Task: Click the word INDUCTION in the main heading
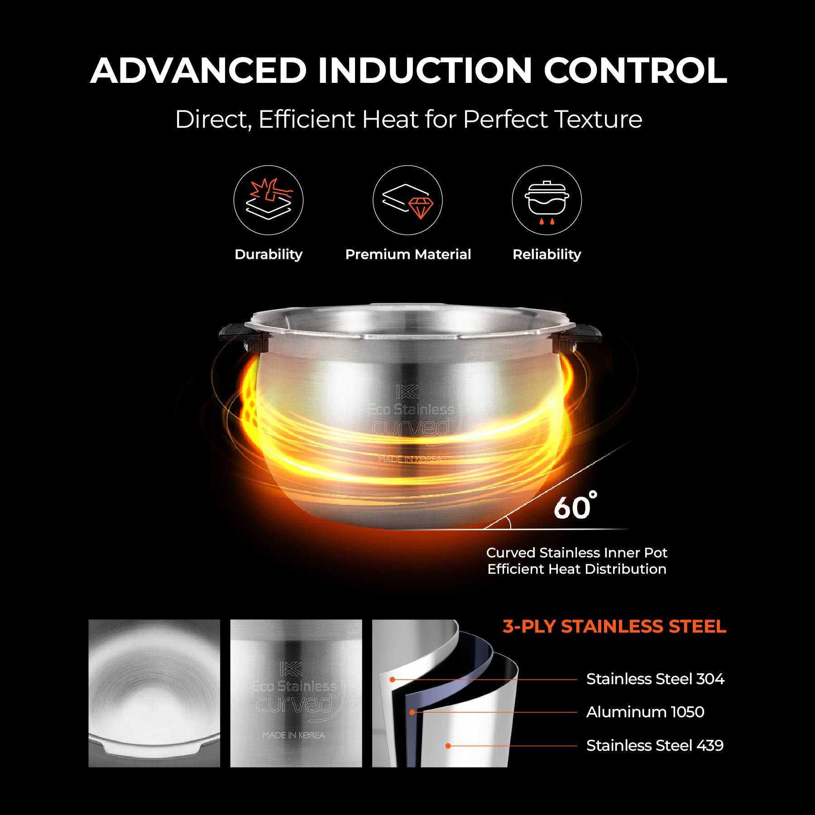point(424,71)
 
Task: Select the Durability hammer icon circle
point(268,200)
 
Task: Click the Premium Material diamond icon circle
point(407,200)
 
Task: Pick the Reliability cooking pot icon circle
point(547,200)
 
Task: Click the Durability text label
point(268,254)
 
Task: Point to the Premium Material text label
point(408,254)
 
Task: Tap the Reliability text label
point(547,254)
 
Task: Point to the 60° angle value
point(574,506)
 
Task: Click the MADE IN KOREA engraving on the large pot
point(410,459)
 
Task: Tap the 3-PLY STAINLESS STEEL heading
point(614,627)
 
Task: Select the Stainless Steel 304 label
point(655,679)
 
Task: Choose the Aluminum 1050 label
point(645,712)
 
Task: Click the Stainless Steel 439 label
point(655,746)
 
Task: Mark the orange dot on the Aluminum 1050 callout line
point(412,712)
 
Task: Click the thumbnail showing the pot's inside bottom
point(154,693)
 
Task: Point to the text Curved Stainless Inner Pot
point(576,553)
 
